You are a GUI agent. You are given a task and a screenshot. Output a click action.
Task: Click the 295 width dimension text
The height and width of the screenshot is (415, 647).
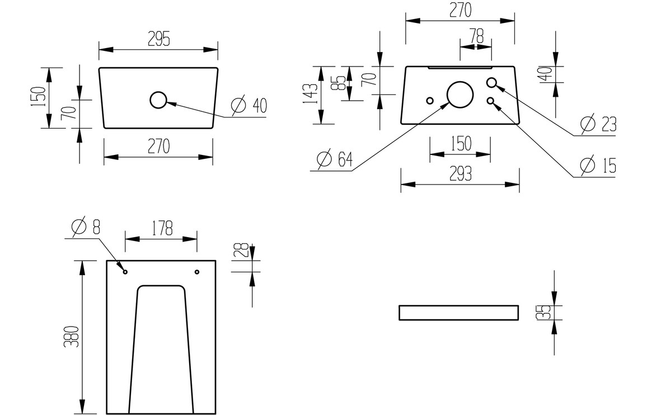[158, 38]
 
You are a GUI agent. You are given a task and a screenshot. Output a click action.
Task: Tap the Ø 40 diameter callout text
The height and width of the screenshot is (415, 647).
[249, 105]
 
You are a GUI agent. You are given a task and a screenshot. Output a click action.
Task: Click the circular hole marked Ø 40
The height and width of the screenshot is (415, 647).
[158, 100]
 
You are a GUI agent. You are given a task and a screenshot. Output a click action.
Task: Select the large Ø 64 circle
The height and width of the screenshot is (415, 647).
[460, 94]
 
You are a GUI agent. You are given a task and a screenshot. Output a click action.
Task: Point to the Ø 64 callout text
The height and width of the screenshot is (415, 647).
[335, 159]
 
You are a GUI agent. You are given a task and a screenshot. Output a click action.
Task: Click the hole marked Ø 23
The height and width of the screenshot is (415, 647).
[492, 83]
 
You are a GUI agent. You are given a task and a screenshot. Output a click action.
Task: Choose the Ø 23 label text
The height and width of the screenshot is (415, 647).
[598, 124]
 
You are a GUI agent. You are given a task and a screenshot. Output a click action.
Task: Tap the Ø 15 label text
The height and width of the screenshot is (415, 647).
[598, 166]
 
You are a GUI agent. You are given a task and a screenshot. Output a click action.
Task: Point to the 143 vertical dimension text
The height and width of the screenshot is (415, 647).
[313, 95]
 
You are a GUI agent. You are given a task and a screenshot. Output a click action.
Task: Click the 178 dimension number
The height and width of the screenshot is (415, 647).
[161, 228]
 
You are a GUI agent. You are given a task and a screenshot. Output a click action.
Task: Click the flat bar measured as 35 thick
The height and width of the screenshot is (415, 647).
[459, 313]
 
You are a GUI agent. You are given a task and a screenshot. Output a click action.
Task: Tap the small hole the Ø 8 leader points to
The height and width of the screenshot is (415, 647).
[125, 272]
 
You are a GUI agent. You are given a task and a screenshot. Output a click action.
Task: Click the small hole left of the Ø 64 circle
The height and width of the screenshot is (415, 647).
[430, 101]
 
